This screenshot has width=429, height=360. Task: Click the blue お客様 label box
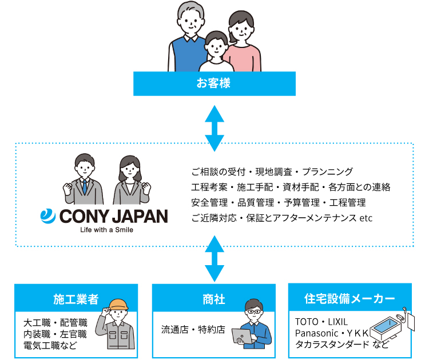pos(214,83)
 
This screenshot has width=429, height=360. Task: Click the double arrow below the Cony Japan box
pos(214,259)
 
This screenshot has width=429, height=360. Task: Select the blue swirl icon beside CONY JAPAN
pos(47,216)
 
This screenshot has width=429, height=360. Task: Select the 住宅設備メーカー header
pos(350,298)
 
